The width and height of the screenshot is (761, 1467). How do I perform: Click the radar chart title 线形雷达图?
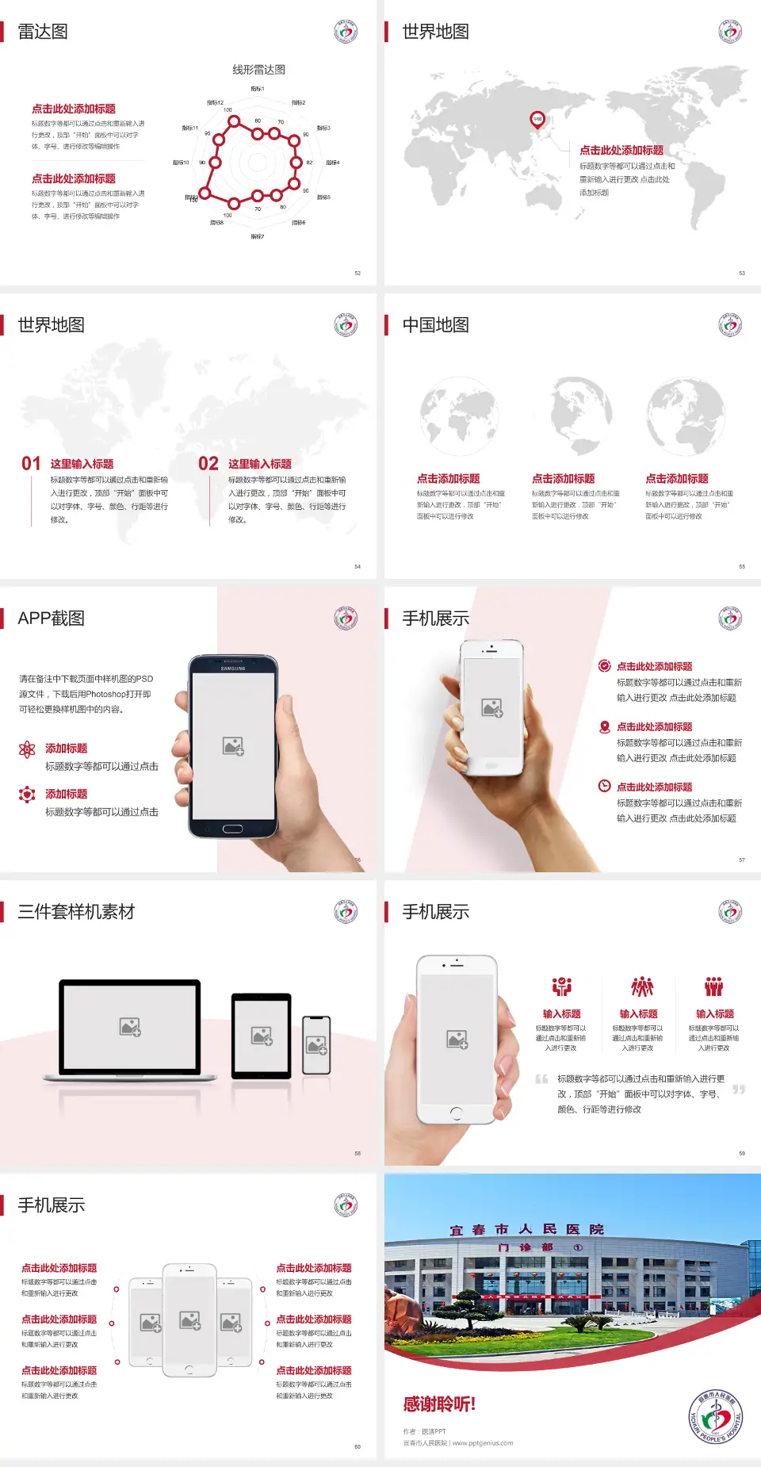[258, 70]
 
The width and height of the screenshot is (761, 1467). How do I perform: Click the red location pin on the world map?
[537, 119]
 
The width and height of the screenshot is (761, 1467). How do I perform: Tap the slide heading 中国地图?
[435, 325]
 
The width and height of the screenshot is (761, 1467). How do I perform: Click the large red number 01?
[31, 463]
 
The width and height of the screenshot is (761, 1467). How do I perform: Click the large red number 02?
[208, 463]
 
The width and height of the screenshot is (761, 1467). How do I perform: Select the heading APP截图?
[51, 619]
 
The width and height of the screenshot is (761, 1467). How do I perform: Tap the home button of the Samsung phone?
[232, 829]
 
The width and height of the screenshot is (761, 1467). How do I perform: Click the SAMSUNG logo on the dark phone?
[233, 668]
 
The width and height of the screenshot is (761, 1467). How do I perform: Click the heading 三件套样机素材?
[76, 912]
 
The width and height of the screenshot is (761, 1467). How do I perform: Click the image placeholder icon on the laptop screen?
[130, 1027]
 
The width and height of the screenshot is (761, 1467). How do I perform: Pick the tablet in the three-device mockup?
[262, 1036]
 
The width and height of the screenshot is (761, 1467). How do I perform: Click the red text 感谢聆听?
[439, 1404]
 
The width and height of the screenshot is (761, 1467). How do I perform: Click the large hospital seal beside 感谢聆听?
[716, 1417]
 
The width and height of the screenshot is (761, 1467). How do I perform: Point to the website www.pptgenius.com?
[483, 1443]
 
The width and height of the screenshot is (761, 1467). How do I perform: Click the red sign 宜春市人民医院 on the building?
[526, 1230]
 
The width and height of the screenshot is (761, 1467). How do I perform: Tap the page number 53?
[742, 273]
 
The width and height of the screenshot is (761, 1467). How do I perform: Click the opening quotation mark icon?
[541, 1079]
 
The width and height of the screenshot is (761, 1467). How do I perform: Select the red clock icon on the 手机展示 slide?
[604, 786]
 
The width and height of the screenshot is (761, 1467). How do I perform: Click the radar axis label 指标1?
[258, 89]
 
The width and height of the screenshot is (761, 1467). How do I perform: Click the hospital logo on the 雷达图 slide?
[346, 32]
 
